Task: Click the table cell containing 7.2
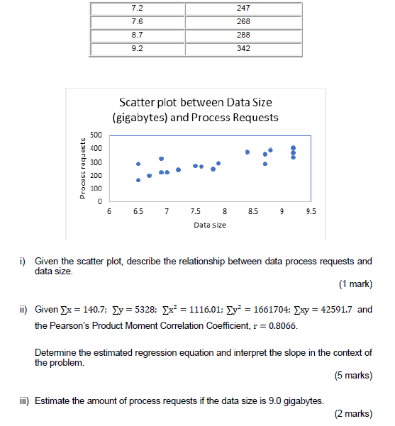point(137,8)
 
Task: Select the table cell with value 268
point(244,21)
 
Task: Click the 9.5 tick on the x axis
point(311,211)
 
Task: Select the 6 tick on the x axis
point(109,211)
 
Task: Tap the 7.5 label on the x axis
point(195,211)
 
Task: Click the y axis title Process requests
point(83,168)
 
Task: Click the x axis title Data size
point(209,224)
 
